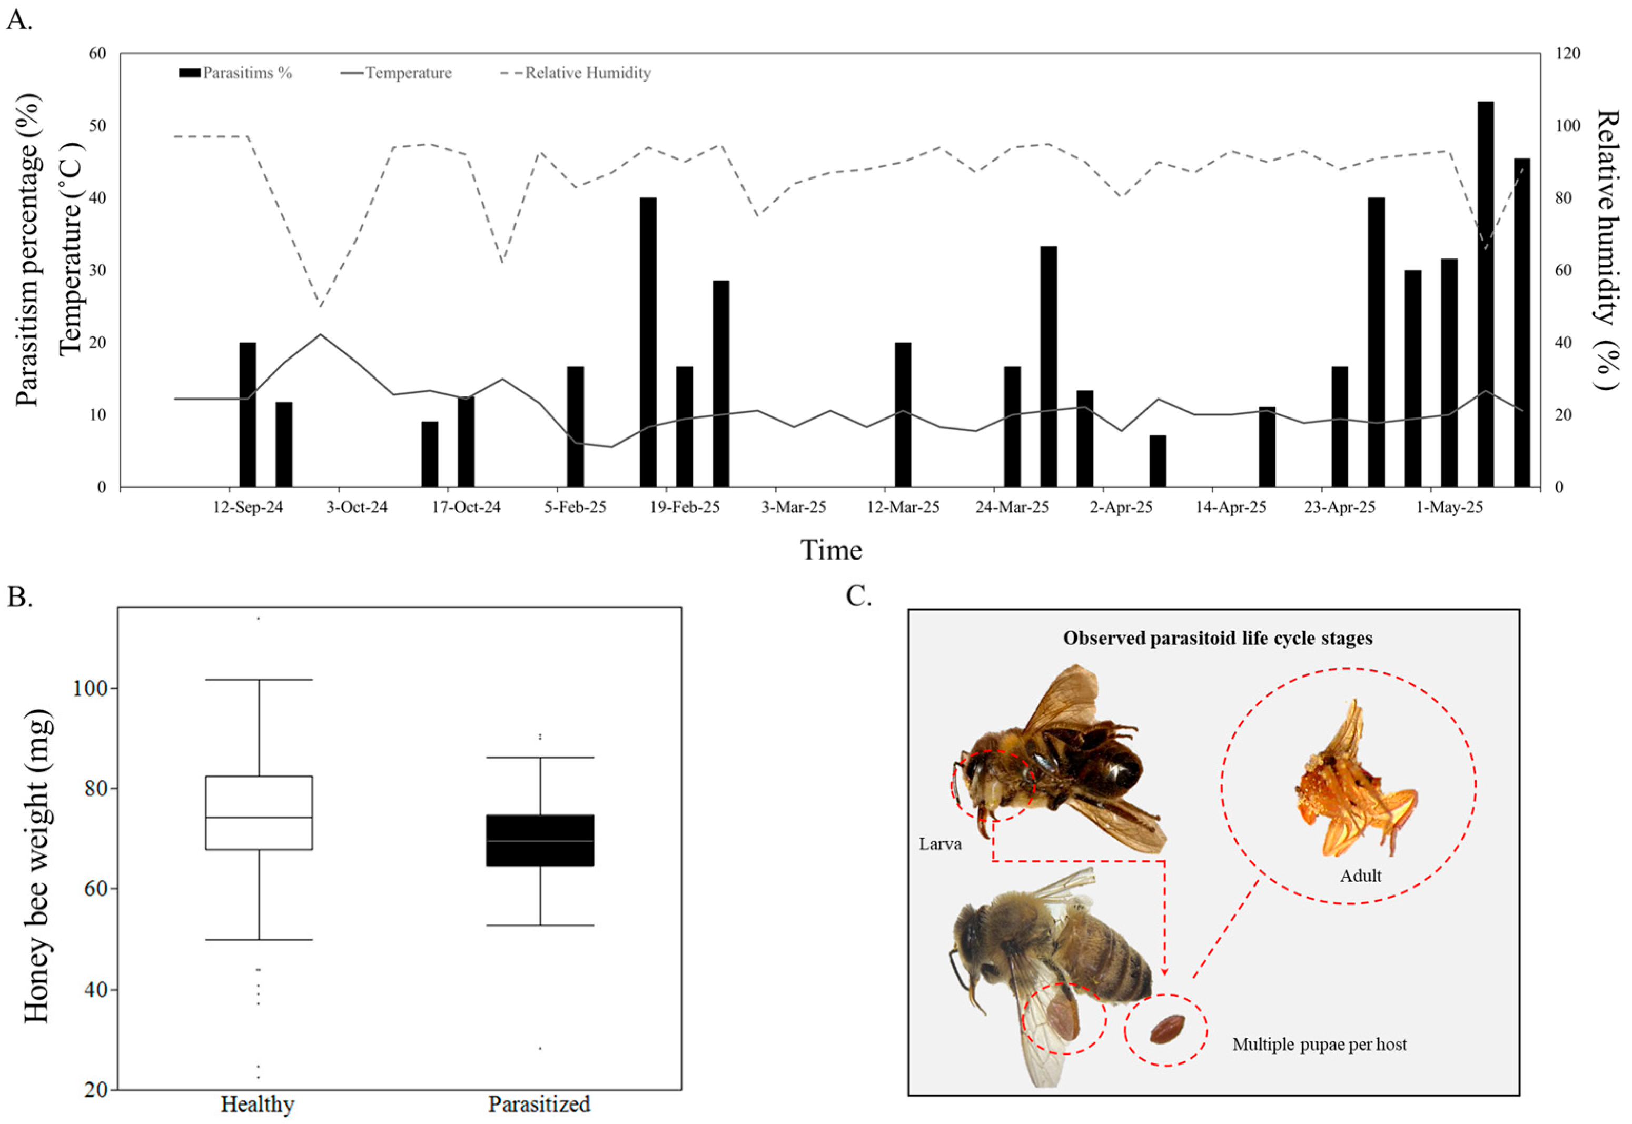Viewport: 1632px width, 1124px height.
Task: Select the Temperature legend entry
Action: point(408,73)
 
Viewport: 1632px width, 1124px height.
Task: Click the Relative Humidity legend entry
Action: point(587,73)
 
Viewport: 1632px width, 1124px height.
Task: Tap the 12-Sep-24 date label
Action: point(248,507)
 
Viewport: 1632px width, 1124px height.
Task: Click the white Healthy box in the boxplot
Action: point(259,813)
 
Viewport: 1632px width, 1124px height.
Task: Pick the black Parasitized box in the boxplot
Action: point(540,840)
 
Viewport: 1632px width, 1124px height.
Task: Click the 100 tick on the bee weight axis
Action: point(94,688)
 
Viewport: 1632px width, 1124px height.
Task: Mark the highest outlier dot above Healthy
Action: point(259,619)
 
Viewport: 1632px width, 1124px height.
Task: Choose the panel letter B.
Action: point(19,596)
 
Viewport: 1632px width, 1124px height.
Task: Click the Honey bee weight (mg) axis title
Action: point(37,866)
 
